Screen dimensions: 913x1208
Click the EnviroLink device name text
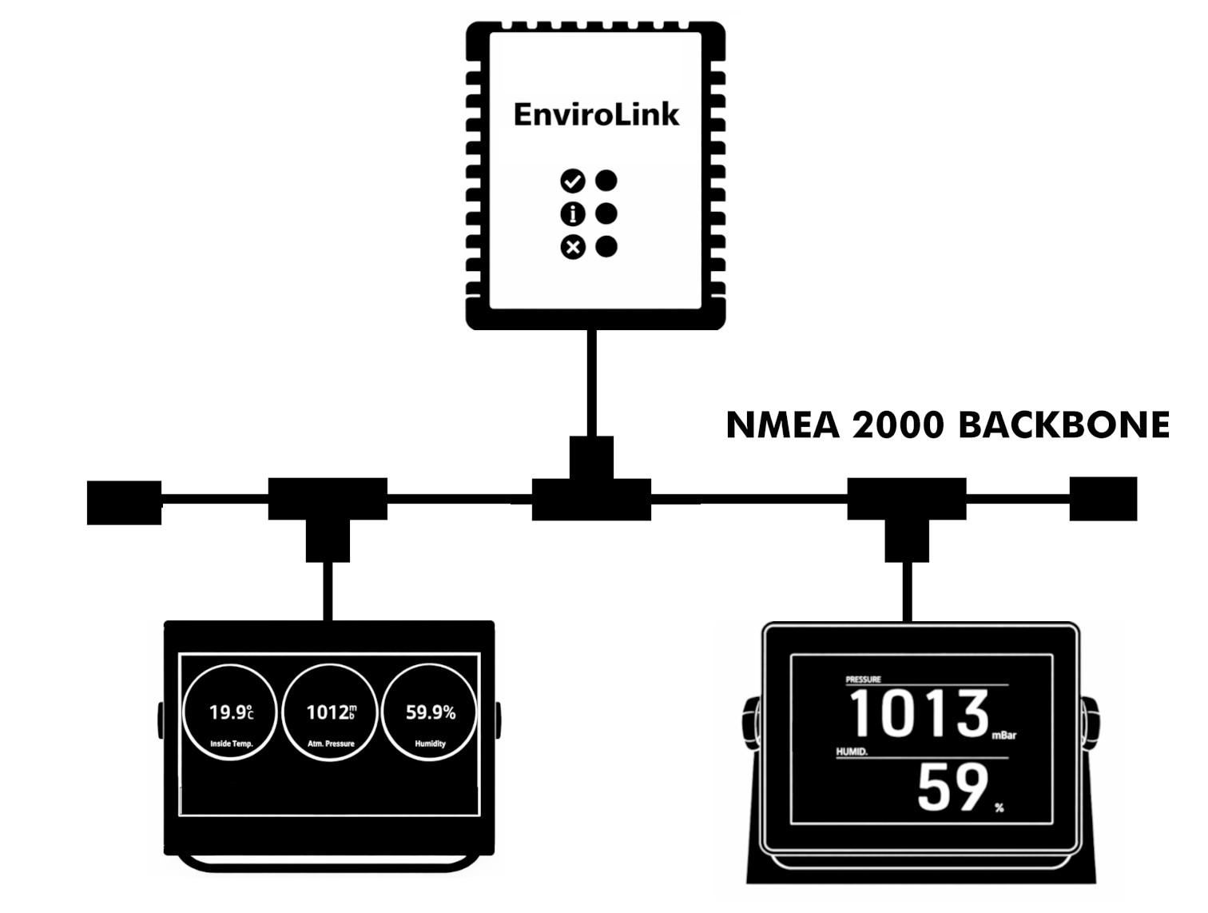[x=596, y=114]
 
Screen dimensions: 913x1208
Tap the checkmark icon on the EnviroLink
[x=572, y=181]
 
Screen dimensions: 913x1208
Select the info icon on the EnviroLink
[x=572, y=214]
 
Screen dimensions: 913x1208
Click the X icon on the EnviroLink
[x=572, y=247]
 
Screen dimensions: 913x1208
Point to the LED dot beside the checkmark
[x=606, y=181]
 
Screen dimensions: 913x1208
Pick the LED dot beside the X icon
[x=606, y=246]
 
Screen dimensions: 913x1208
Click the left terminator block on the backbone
[x=124, y=502]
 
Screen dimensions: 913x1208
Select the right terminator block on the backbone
[x=1103, y=499]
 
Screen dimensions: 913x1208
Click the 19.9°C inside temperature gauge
[x=231, y=713]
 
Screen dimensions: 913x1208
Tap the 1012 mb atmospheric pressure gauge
[x=331, y=713]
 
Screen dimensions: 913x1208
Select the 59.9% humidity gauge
[x=430, y=713]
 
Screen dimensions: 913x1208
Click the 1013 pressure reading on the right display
[x=919, y=713]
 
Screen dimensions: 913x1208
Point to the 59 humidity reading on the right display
[x=952, y=788]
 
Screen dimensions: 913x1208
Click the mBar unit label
[x=1003, y=736]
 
